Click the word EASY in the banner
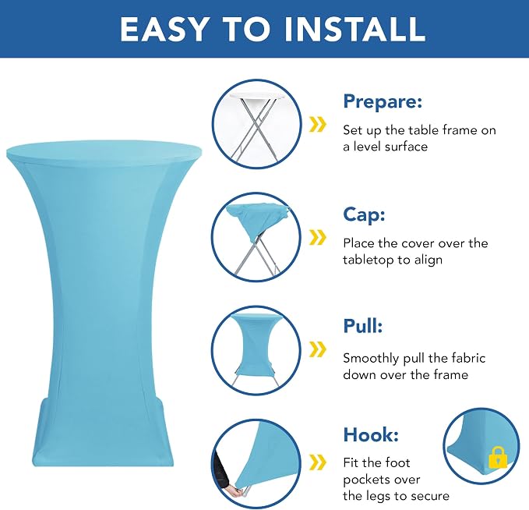pyautogui.click(x=164, y=29)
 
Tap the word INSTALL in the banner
pyautogui.click(x=354, y=29)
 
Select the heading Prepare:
pyautogui.click(x=383, y=101)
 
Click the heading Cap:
pyautogui.click(x=364, y=214)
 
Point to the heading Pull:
pyautogui.click(x=363, y=326)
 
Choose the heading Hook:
pyautogui.click(x=371, y=434)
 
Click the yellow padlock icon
pyautogui.click(x=498, y=457)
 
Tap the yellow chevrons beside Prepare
pyautogui.click(x=317, y=125)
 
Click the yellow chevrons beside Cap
pyautogui.click(x=317, y=237)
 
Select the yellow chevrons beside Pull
pyautogui.click(x=317, y=349)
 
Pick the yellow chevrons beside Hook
pyautogui.click(x=317, y=462)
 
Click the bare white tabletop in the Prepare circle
pyautogui.click(x=257, y=97)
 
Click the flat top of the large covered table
pyautogui.click(x=104, y=151)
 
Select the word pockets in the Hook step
pyautogui.click(x=381, y=480)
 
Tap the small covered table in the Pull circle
pyautogui.click(x=256, y=343)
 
